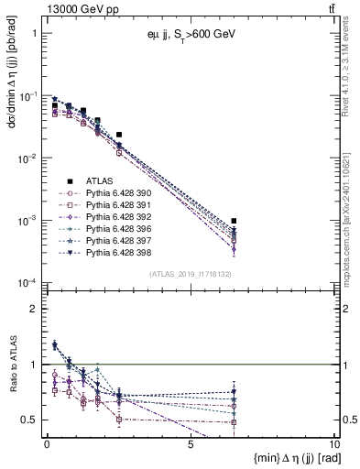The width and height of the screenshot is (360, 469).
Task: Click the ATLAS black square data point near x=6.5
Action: pos(235,222)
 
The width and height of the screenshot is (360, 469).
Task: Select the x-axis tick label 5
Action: pos(190,443)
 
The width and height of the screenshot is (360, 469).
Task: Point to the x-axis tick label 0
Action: pos(47,443)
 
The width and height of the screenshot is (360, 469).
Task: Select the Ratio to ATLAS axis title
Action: pos(13,391)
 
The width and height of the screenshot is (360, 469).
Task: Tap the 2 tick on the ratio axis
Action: pos(35,309)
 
